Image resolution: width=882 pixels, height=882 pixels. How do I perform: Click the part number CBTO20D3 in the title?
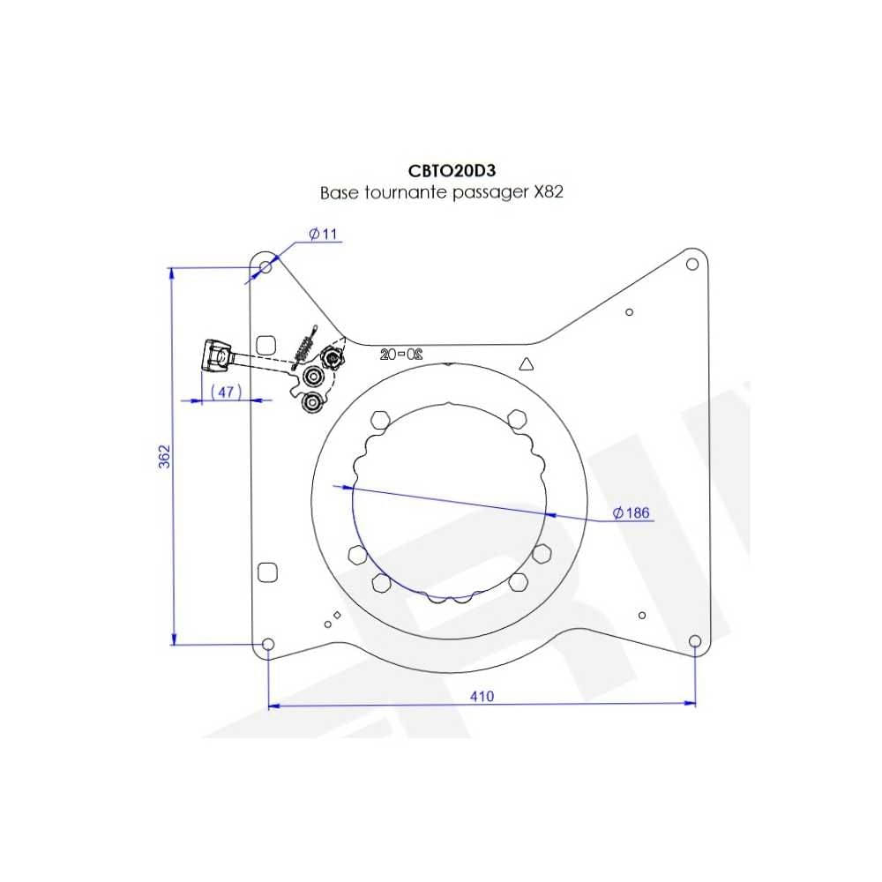[441, 171]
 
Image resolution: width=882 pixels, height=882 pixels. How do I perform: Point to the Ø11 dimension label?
[324, 234]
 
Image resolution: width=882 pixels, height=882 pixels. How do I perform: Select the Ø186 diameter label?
[631, 512]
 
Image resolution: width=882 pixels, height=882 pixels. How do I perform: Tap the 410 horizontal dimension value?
[482, 696]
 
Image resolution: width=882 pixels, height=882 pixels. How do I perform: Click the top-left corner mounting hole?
[265, 265]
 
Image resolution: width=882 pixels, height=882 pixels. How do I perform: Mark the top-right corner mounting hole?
[692, 263]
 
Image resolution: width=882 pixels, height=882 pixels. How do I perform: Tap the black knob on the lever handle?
[215, 355]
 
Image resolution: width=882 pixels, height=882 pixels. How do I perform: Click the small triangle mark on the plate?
[527, 363]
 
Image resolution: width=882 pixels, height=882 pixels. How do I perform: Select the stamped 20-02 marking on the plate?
[401, 355]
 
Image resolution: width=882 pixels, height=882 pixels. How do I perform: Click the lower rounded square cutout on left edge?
[266, 572]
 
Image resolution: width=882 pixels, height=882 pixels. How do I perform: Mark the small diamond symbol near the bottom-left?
[337, 615]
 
